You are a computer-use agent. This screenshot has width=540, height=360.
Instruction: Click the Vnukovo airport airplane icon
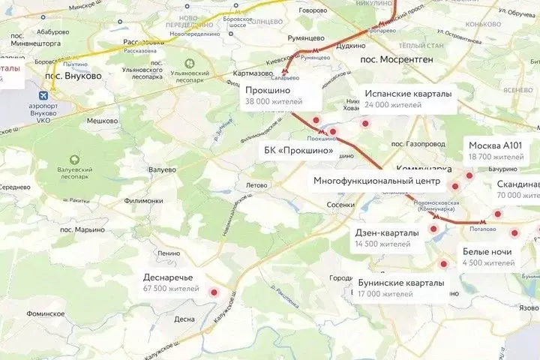(42, 97)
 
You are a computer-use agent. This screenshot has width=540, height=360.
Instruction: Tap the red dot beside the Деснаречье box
(214, 293)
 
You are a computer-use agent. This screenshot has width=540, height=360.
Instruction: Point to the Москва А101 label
(496, 150)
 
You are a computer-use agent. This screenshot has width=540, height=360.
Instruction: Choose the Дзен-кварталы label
(386, 238)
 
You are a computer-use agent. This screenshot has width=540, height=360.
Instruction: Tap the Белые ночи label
(487, 256)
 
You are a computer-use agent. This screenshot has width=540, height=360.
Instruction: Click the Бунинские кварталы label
(400, 287)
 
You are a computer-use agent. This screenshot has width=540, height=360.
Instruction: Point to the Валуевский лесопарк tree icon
(73, 160)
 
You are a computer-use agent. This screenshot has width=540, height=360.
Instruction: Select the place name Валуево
(162, 169)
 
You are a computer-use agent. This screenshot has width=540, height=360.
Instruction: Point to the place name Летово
(256, 184)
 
